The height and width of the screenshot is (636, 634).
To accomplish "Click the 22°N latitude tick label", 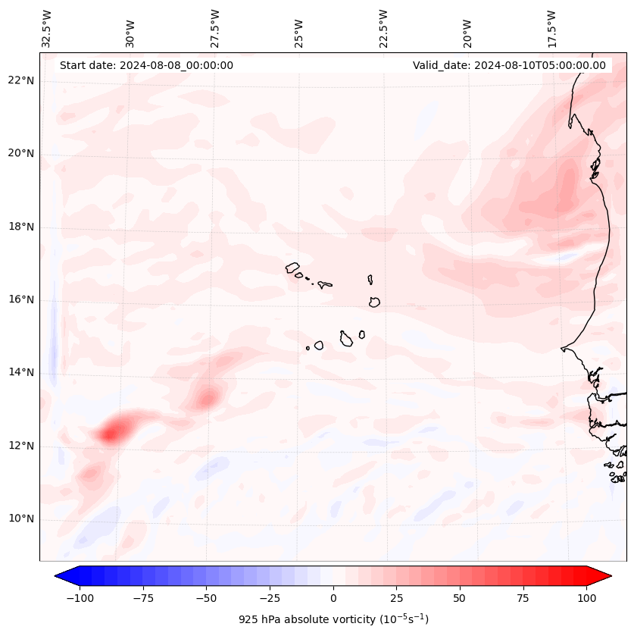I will click(x=21, y=80).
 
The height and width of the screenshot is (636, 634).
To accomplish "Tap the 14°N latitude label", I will click(x=21, y=372).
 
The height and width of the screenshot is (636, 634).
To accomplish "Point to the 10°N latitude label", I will click(x=21, y=519).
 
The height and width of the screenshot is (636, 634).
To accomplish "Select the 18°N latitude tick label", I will click(x=21, y=227).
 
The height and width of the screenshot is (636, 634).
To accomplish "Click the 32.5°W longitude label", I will click(x=47, y=29).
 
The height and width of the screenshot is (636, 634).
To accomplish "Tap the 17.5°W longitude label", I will click(x=552, y=29).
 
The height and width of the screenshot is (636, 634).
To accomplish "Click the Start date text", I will click(x=146, y=65).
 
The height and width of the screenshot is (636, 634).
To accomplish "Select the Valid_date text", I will click(x=509, y=65).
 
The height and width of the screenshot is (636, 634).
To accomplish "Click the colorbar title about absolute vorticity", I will click(x=333, y=619).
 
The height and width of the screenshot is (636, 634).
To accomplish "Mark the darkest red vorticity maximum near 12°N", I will click(x=111, y=434).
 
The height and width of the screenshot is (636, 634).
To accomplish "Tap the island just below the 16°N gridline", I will click(x=374, y=302).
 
